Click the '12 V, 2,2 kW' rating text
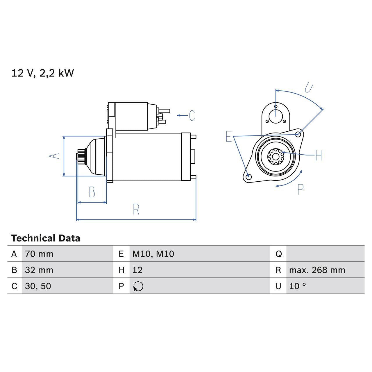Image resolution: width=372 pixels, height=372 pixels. coord(43,73)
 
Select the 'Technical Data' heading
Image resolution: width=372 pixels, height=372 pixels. coord(46,238)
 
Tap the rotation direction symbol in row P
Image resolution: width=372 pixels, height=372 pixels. coord(138,286)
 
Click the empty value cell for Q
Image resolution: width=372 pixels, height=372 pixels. coord(325,254)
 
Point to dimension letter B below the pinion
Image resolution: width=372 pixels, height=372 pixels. coord(92,192)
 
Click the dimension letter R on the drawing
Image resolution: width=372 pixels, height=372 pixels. coord(136,209)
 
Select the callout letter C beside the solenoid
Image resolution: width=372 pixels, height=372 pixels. coord(192,116)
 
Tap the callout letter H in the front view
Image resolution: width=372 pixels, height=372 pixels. coord(319,155)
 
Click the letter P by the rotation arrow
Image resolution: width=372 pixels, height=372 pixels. coord(301,189)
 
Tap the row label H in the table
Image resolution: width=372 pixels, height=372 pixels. coord(121,270)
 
